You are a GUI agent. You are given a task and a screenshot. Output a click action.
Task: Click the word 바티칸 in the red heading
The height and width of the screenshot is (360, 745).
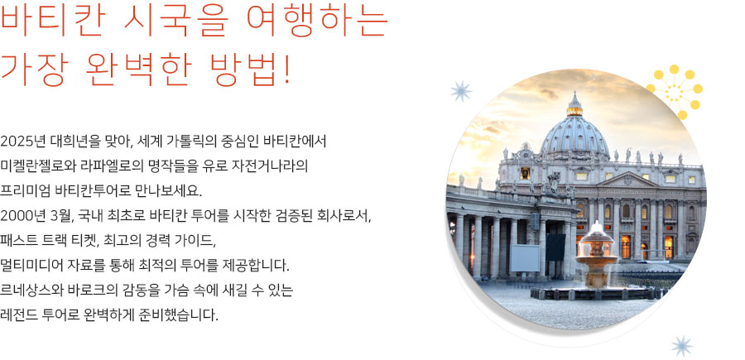51,22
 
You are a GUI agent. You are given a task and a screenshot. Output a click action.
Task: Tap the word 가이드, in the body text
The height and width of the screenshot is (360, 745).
196,240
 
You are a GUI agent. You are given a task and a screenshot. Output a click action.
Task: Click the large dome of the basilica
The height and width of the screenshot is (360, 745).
575,136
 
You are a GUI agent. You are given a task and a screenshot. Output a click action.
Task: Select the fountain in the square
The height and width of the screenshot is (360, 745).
597,259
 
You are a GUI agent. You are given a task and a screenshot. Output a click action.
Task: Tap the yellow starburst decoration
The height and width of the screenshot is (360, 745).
675,92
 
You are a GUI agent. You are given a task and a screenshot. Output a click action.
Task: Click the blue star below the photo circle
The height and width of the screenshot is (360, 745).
682,346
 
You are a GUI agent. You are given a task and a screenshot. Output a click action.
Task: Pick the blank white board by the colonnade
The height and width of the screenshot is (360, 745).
525,257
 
